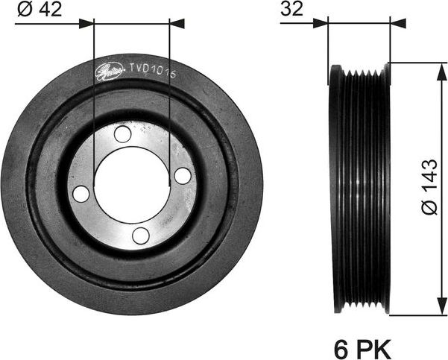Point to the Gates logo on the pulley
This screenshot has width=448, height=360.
(x=110, y=71)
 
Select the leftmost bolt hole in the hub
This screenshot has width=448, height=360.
(x=82, y=194)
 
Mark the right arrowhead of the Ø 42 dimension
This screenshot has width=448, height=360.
(x=177, y=24)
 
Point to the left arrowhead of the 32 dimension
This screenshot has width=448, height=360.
(x=322, y=23)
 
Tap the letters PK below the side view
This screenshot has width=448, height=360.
(x=372, y=347)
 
